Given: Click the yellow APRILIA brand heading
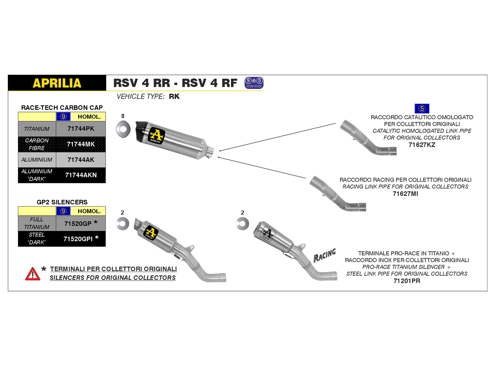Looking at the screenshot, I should coord(57,83).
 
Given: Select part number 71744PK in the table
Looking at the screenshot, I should coord(81,129).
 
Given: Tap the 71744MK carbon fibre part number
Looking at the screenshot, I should coord(81,144).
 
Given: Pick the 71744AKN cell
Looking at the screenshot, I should coord(81,175).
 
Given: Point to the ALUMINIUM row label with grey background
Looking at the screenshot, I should coord(37,160).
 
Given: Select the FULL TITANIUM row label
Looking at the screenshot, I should coord(37,223).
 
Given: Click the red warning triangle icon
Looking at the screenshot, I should coord(33,274).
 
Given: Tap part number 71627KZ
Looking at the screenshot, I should coord(422,145).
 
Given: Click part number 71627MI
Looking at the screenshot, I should coord(405,194).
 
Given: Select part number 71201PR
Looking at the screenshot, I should coord(407,281).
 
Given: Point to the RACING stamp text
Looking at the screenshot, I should coord(325,255).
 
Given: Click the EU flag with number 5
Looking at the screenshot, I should coord(422,108).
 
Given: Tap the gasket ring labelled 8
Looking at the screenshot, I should coord(123,129).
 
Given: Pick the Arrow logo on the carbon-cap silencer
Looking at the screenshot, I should coord(156,136).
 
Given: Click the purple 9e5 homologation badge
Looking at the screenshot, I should coord(254,83).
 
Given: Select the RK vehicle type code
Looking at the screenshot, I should coord(174,97).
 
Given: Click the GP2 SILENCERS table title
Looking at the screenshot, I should coord(62,202).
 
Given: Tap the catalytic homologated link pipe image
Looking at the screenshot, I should coord(368,138).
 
